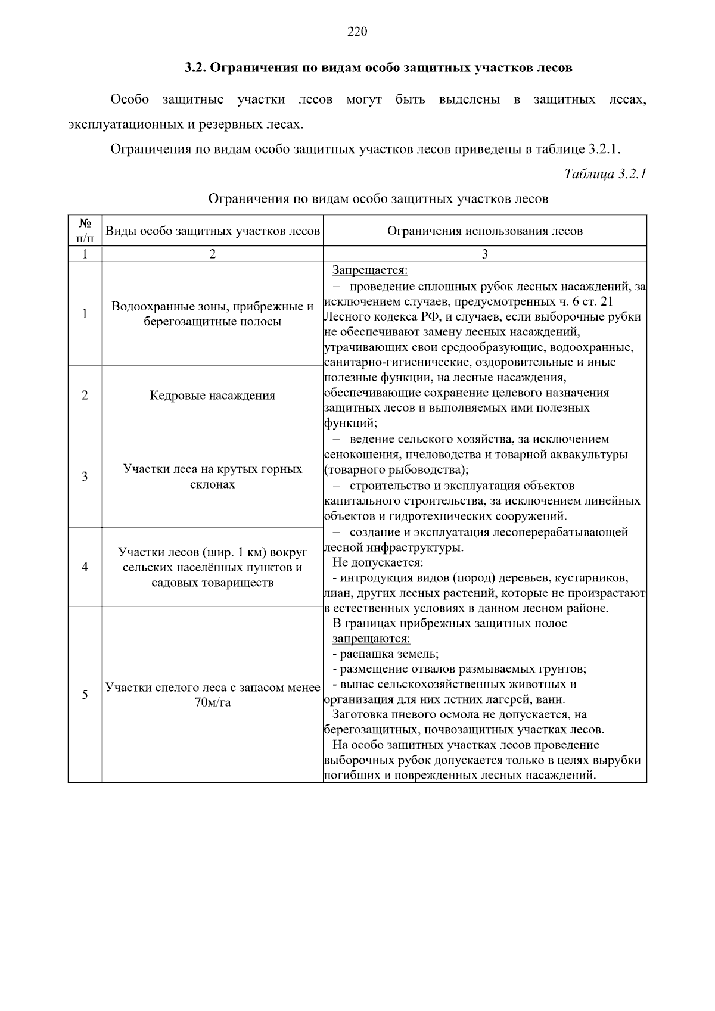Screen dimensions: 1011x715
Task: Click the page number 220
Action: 357,32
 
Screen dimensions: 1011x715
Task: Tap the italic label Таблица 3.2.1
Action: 605,174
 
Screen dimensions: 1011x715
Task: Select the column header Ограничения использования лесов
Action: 484,231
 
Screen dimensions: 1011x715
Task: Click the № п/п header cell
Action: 85,231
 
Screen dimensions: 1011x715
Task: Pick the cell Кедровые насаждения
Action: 213,396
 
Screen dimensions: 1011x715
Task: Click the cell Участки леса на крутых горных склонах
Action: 213,477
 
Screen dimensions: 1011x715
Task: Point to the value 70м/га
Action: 213,702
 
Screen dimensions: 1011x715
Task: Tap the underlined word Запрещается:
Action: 370,270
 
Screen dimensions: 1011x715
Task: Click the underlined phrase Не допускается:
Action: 378,562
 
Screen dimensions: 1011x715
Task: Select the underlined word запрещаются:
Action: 371,639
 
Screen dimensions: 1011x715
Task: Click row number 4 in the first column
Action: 85,567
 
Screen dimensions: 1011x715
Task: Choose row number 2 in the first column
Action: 85,396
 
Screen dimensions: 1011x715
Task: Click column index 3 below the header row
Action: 484,254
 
